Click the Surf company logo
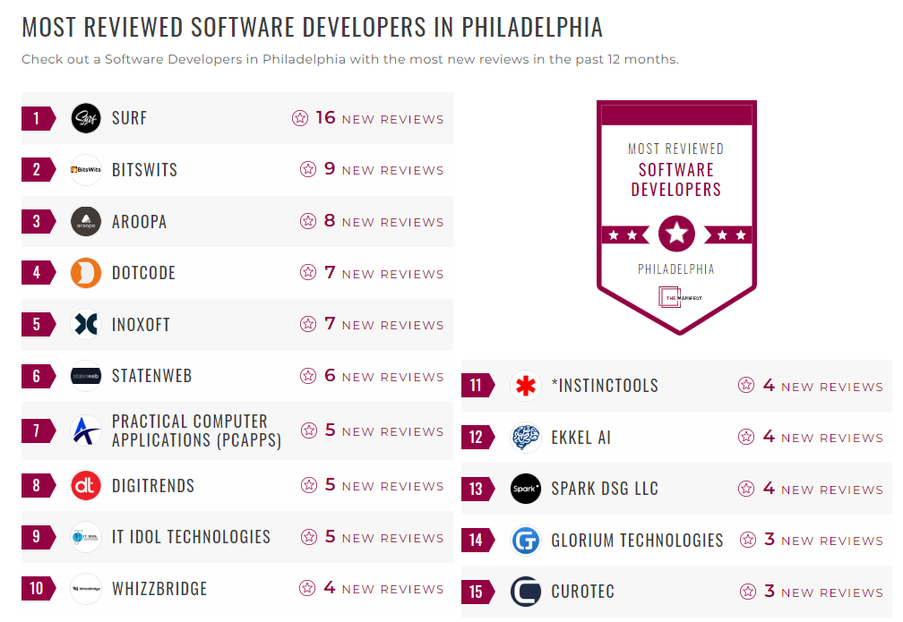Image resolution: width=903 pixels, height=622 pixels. (86, 118)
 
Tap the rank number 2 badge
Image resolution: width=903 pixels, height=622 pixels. (37, 170)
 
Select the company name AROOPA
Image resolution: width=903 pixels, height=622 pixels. (139, 222)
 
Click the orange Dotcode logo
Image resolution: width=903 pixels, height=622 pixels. (86, 273)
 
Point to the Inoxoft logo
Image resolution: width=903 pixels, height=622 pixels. (86, 324)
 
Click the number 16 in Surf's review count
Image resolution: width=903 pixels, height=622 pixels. (325, 118)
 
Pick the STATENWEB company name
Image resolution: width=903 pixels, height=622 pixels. (151, 376)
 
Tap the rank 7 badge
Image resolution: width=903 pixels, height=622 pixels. (37, 430)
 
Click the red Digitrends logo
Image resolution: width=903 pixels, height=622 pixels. (86, 486)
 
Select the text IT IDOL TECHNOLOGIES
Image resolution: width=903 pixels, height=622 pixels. (191, 537)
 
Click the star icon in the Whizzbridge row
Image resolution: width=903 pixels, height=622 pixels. (307, 588)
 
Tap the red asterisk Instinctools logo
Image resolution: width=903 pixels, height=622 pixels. (526, 386)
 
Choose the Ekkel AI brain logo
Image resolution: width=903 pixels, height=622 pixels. (526, 438)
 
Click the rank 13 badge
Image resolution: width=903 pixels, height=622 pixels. (476, 489)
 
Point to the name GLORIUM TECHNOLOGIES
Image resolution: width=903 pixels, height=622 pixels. (637, 541)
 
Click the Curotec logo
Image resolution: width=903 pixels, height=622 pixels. (526, 592)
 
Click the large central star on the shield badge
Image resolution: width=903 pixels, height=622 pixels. (676, 234)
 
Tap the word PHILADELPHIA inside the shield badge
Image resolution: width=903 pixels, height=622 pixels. (676, 269)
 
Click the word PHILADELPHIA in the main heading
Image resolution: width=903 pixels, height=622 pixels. (532, 27)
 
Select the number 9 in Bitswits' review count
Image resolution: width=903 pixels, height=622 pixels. (330, 170)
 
